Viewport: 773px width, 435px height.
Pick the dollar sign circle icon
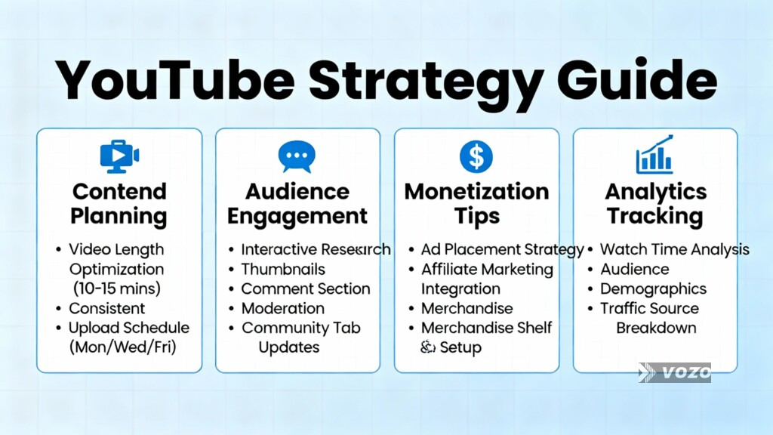[476, 156]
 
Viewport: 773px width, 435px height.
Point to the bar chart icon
[654, 155]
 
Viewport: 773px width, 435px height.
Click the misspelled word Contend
[119, 191]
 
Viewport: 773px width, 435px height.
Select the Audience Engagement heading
[297, 203]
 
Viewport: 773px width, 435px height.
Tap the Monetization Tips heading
[476, 203]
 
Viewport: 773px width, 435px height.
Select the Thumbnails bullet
[283, 269]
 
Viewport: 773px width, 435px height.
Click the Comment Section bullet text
[305, 288]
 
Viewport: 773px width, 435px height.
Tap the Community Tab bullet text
[300, 328]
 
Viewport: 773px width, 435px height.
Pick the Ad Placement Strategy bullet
[502, 249]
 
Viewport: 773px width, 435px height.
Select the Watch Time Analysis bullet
[674, 249]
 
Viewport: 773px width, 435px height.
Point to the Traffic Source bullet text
[649, 308]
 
